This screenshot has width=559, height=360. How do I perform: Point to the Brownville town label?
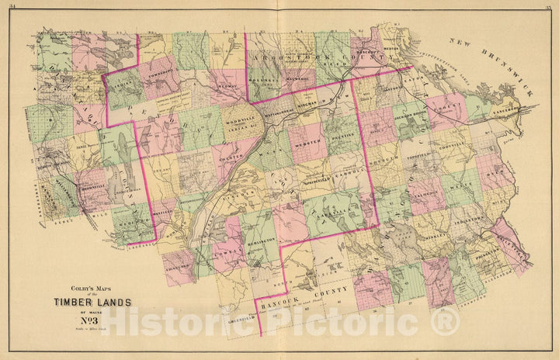click(x=92, y=189)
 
